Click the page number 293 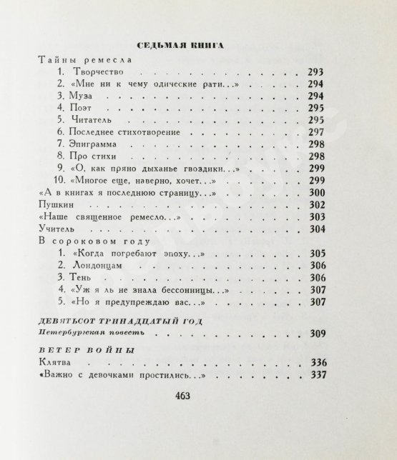coord(316,73)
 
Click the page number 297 coord(316,132)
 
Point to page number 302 coord(316,204)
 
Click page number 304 coord(316,229)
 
